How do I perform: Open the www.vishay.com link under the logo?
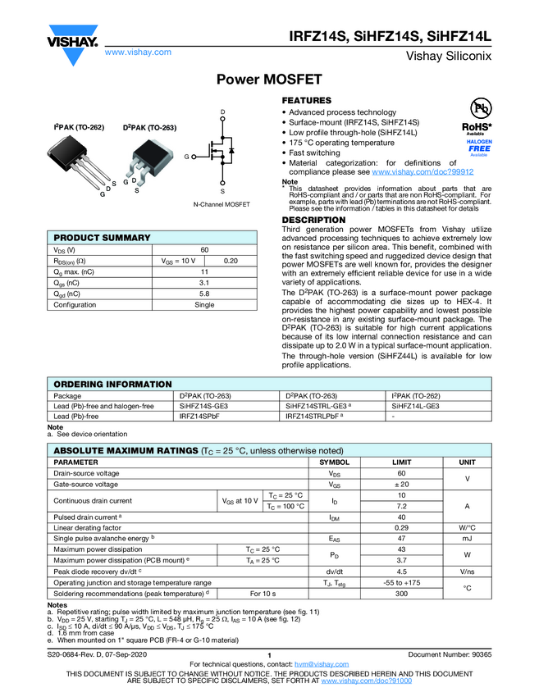(138, 52)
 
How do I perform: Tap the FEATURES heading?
(307, 100)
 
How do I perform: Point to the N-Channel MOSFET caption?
(222, 204)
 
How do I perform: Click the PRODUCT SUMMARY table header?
(102, 238)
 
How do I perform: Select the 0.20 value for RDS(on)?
(231, 261)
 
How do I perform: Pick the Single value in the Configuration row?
(204, 304)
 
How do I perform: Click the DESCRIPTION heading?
(313, 221)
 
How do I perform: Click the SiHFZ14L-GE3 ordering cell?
(416, 406)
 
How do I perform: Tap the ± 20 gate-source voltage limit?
(401, 485)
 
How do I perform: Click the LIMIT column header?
(401, 462)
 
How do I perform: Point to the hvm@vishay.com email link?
(316, 663)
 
